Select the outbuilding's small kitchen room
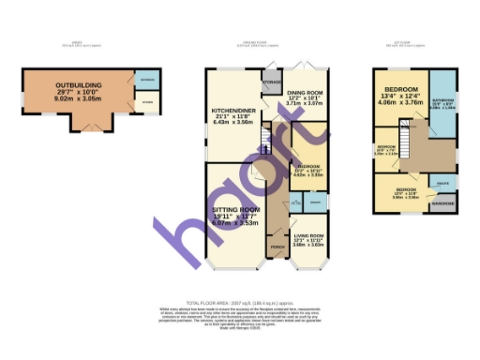[148, 103]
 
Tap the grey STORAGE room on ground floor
[272, 82]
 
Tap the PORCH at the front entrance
[277, 247]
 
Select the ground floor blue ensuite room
[315, 202]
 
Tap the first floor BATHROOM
[442, 102]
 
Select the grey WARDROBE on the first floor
[442, 203]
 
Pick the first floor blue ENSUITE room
[441, 184]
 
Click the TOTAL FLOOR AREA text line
[239, 303]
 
